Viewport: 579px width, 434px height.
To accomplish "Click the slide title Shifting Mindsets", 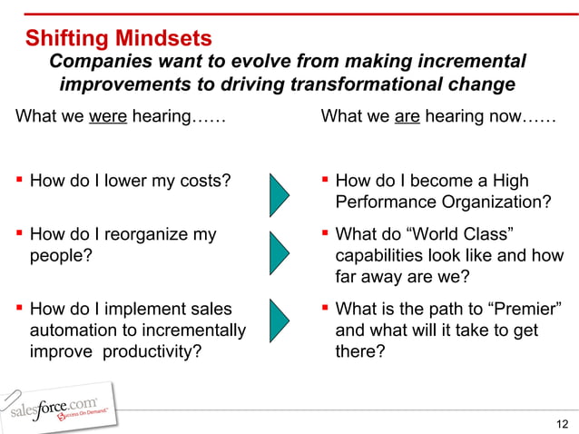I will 118,39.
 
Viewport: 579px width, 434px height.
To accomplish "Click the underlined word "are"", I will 407,118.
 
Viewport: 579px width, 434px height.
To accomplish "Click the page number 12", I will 562,423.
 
